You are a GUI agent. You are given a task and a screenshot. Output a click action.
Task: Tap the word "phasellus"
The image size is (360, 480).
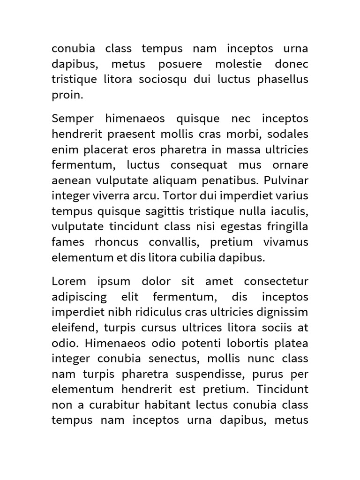pos(283,80)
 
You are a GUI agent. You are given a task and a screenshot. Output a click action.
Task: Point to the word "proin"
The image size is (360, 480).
pos(66,95)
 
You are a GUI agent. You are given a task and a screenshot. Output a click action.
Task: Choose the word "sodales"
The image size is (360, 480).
pos(289,135)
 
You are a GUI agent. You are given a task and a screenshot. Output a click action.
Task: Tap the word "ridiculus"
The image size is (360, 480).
pos(153,313)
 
